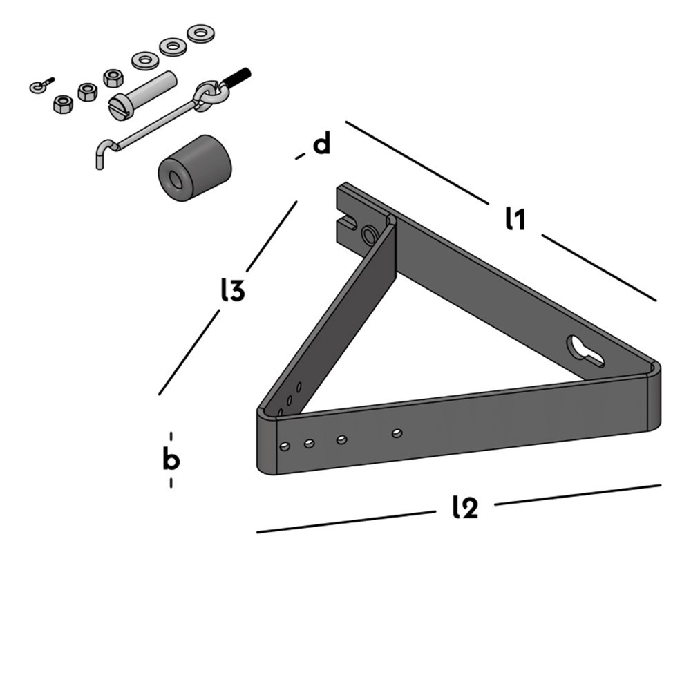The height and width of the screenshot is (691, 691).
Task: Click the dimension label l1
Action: click(515, 219)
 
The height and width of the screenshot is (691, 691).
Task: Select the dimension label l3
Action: click(233, 291)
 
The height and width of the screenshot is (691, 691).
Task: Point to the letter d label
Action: click(322, 145)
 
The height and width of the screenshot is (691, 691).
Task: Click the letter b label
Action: click(171, 460)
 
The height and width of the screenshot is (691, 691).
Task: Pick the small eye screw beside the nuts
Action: click(40, 86)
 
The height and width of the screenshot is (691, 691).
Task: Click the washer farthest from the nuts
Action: click(200, 32)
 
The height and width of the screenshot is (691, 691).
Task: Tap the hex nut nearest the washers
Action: click(113, 77)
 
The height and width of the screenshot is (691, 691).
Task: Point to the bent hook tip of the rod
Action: click(101, 155)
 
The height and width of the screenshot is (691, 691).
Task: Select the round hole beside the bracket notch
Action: click(371, 236)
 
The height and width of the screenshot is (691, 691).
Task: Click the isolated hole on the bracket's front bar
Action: click(397, 433)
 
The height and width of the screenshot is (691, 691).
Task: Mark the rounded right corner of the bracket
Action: click(654, 397)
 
